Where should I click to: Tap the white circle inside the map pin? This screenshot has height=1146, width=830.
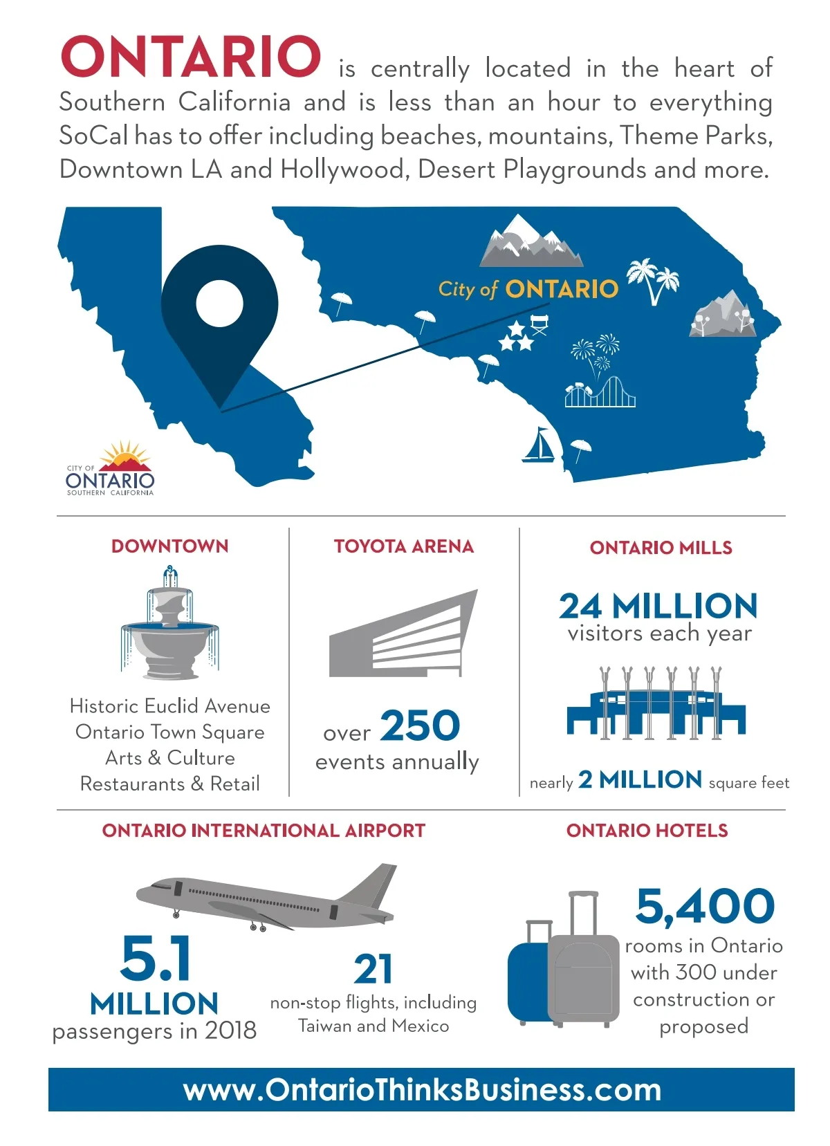(219, 303)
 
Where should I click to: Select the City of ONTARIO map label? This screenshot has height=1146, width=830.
(528, 289)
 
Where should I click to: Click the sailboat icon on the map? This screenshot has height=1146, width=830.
(537, 445)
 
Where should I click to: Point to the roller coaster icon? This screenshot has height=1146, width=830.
(600, 393)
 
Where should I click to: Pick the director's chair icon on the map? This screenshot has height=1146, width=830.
(539, 324)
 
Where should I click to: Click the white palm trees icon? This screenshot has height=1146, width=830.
(653, 280)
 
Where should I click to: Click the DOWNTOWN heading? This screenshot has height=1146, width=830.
(170, 546)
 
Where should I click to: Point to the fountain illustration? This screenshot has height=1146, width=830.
(169, 624)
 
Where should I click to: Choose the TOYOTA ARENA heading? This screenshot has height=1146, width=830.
(404, 546)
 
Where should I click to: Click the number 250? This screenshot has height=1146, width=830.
(420, 726)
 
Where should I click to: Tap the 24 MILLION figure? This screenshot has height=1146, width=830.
(658, 607)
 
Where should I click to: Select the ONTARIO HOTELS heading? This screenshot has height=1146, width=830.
(647, 831)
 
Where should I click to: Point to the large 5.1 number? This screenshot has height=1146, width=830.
(156, 959)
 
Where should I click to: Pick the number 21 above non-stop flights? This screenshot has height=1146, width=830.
(373, 970)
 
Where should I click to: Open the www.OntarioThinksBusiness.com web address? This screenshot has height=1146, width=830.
(422, 1090)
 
